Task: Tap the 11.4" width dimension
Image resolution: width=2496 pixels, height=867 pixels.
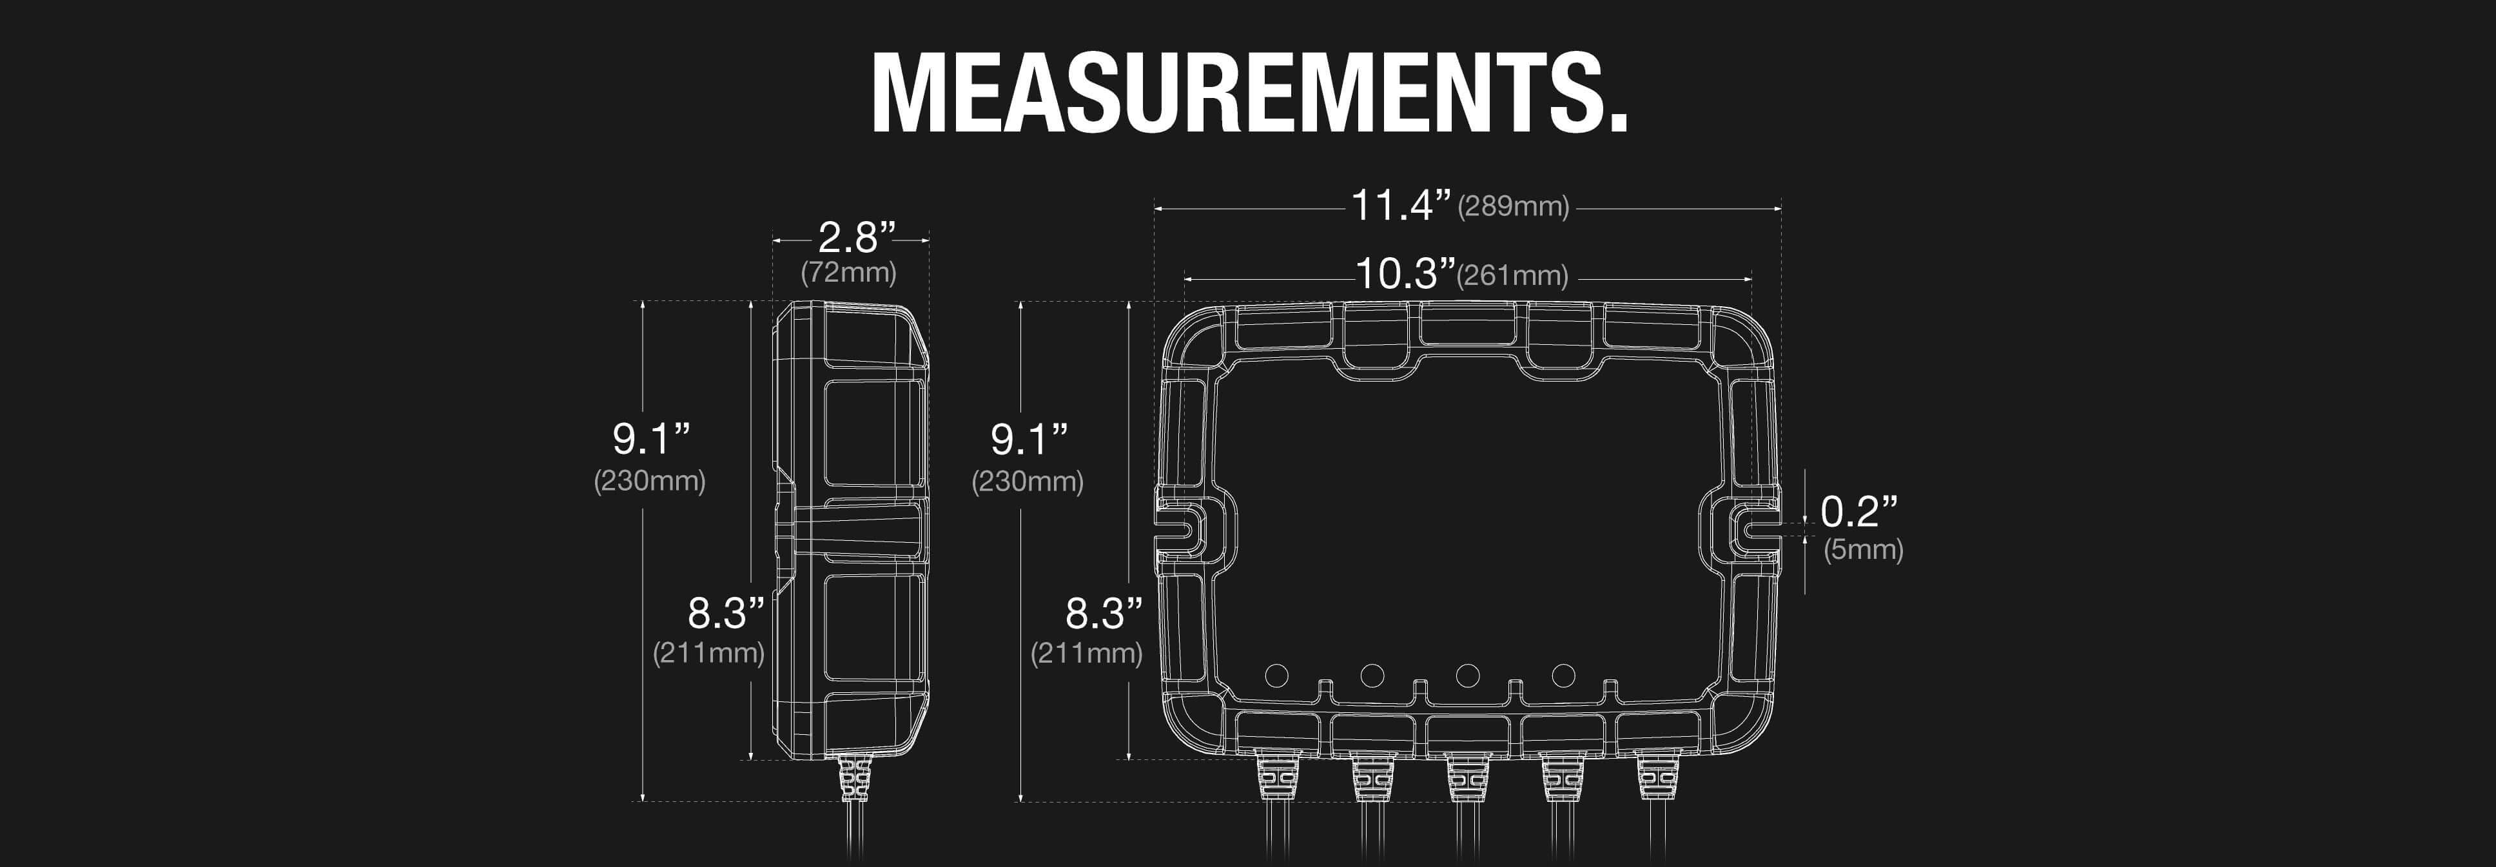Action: (x=1401, y=206)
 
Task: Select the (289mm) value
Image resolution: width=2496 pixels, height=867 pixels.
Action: (x=1512, y=206)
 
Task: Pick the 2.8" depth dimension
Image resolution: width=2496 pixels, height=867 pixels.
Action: (x=857, y=237)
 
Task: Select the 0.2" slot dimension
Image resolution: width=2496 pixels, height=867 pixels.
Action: (x=1858, y=511)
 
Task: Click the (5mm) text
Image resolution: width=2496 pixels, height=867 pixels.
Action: (x=1862, y=550)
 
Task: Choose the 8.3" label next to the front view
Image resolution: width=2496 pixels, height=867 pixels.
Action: (x=1104, y=613)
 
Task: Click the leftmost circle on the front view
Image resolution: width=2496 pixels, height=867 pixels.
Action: (x=1276, y=675)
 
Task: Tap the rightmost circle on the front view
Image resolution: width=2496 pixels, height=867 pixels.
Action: (x=1563, y=675)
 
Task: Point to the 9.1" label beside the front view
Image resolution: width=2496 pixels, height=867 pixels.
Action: (x=1028, y=440)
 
